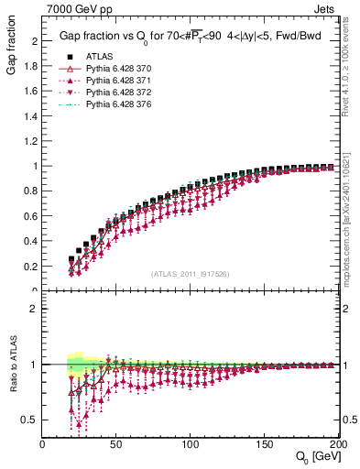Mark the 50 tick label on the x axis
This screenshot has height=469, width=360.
point(117,445)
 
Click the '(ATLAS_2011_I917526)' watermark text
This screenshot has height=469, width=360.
point(191,275)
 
